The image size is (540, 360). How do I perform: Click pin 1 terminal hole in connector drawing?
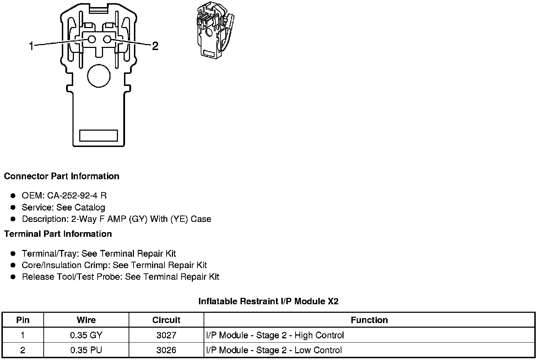click(92, 39)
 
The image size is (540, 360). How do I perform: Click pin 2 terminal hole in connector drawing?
click(108, 39)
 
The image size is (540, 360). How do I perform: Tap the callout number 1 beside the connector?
click(31, 46)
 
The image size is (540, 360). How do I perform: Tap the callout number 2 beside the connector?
click(155, 46)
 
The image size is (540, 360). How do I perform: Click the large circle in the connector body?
click(99, 76)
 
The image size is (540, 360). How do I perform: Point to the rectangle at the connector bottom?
click(98, 135)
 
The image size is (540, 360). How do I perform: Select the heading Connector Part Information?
click(61, 176)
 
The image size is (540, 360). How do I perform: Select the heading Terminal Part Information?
click(58, 234)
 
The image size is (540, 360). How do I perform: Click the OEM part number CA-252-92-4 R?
click(77, 196)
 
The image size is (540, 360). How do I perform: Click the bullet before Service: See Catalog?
click(13, 207)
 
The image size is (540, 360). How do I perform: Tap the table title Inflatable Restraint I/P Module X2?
click(268, 301)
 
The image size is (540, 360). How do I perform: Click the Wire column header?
click(86, 320)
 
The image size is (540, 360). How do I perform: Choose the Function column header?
click(369, 320)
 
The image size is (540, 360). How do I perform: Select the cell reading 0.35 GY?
click(86, 335)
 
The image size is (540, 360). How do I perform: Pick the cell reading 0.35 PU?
click(86, 350)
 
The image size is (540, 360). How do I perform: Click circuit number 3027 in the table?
click(166, 335)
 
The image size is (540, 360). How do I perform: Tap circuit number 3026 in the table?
click(166, 350)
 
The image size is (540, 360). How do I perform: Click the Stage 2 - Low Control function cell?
click(274, 350)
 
